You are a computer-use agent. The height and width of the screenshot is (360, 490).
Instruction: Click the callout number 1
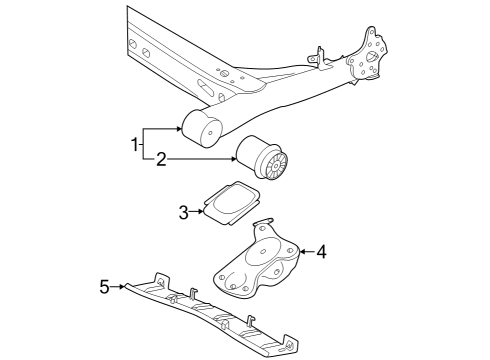tap(134, 145)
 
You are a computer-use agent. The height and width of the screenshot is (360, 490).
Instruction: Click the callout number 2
tap(161, 159)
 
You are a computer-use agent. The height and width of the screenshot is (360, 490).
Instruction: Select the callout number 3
tap(183, 212)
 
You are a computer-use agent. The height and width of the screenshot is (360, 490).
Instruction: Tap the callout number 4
tap(321, 252)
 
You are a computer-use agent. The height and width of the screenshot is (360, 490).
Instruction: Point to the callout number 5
tap(104, 287)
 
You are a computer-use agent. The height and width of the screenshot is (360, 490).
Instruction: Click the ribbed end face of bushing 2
tap(276, 166)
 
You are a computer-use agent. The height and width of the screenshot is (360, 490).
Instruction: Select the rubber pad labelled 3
tap(232, 202)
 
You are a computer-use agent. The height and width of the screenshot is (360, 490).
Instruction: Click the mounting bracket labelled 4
tap(257, 259)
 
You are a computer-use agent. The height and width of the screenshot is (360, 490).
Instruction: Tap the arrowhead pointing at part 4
tap(303, 251)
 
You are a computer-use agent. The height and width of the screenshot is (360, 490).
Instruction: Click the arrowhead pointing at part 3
tap(200, 211)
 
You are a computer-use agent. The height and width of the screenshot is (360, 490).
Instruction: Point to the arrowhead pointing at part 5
tap(122, 286)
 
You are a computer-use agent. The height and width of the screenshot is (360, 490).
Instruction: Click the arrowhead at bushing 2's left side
tap(233, 159)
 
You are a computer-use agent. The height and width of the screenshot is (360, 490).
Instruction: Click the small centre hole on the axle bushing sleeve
tap(210, 133)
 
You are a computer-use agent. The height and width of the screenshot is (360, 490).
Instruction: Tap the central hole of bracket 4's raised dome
tap(263, 252)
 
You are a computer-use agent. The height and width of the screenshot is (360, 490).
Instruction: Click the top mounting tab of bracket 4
tap(263, 225)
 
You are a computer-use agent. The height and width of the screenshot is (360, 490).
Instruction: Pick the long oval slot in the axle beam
tap(207, 88)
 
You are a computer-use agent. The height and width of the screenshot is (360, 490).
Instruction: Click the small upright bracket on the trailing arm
tap(318, 59)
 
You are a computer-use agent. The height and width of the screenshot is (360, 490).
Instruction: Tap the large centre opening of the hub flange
tap(371, 57)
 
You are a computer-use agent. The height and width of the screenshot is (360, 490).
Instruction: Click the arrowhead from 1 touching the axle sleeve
tap(180, 129)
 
